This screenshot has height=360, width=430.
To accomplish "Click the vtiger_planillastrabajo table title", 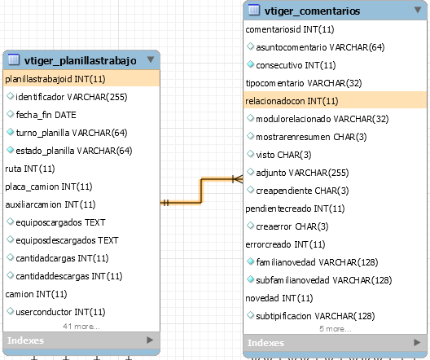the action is click(x=80, y=60).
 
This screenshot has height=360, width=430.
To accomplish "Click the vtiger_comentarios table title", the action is click(x=312, y=11).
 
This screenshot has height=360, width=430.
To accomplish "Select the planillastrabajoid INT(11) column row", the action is click(x=81, y=79).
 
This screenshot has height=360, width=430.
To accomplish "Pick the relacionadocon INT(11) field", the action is click(x=335, y=101).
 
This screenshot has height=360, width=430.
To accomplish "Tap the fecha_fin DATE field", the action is click(x=46, y=115).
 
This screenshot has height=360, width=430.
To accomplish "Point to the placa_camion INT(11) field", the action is click(x=49, y=187).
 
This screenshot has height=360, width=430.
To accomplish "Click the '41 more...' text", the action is click(x=81, y=327).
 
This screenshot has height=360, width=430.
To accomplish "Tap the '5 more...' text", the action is click(x=335, y=328).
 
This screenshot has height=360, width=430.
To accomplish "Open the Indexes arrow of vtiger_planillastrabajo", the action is click(x=150, y=340).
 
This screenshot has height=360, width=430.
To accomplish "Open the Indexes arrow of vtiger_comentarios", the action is click(x=417, y=342).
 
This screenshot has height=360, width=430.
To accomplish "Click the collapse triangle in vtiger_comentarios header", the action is click(x=418, y=10).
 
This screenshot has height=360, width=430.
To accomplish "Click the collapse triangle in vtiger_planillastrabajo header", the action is click(x=151, y=59).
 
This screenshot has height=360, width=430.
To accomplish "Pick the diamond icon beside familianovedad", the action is click(x=250, y=261).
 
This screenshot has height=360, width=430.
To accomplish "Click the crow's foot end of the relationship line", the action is click(x=238, y=179).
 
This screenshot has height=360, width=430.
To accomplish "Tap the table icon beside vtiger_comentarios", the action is click(x=253, y=10).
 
